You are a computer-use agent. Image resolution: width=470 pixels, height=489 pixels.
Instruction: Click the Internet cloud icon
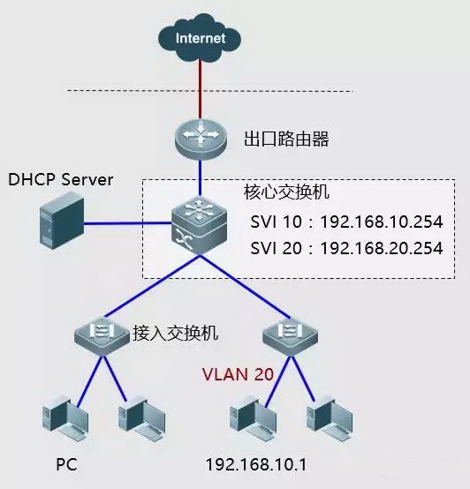click(200, 38)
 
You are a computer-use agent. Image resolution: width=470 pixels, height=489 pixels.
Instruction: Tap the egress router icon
click(201, 137)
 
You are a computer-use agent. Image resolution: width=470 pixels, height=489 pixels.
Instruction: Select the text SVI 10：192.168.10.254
click(346, 221)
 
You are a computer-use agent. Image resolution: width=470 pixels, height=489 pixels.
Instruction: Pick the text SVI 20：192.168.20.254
click(346, 248)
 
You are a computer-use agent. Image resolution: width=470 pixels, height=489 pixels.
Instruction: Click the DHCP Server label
click(61, 180)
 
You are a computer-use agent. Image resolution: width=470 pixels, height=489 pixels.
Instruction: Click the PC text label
click(66, 463)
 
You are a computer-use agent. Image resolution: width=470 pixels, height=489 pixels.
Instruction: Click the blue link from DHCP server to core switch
click(128, 225)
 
